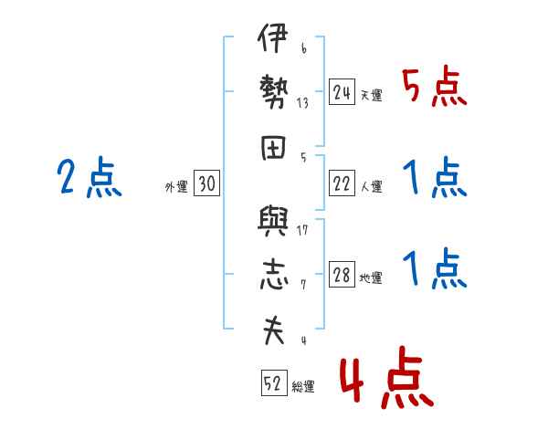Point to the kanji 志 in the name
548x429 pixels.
pyautogui.click(x=272, y=275)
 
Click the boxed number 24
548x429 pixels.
pyautogui.click(x=342, y=93)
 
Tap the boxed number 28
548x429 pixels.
pyautogui.click(x=342, y=277)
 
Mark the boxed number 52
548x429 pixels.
pyautogui.click(x=272, y=384)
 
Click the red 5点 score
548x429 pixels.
pyautogui.click(x=434, y=89)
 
